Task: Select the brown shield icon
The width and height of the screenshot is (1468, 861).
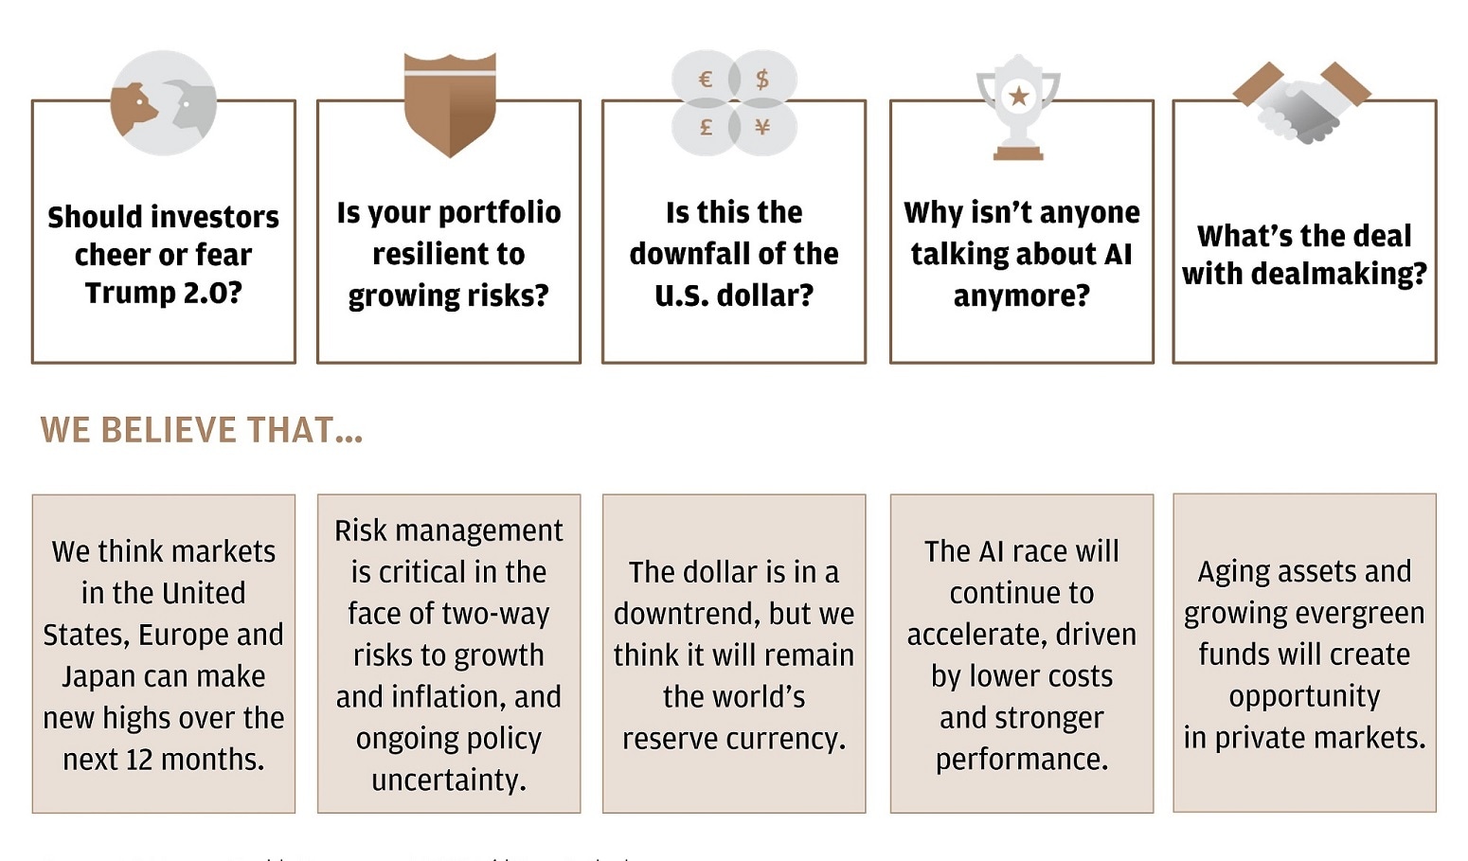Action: [449, 104]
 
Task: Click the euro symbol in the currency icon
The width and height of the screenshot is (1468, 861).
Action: [705, 80]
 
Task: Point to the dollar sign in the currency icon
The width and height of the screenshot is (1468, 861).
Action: [762, 80]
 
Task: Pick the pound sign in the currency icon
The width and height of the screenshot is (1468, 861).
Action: [706, 127]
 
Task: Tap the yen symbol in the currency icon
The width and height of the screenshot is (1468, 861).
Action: [762, 127]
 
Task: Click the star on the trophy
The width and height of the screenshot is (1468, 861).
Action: [1019, 96]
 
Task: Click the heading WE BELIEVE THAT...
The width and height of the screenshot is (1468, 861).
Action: [201, 430]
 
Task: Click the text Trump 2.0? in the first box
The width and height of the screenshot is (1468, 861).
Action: [164, 293]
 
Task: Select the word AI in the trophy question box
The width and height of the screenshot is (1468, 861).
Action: [1119, 254]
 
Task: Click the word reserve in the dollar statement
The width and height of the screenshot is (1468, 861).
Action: [671, 739]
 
